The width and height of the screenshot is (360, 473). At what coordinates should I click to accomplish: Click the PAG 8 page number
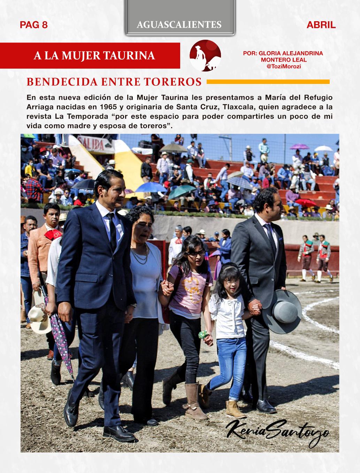(34, 25)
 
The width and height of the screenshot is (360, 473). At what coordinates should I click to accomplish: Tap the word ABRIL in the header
(321, 25)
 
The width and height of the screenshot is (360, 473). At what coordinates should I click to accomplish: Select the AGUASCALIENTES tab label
(179, 24)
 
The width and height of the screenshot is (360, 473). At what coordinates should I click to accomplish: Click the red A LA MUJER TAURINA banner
(94, 55)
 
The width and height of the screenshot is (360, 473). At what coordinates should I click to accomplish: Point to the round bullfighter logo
(205, 55)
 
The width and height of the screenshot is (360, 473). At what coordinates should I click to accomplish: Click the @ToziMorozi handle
(283, 66)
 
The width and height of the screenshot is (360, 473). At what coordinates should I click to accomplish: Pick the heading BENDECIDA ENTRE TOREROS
(114, 82)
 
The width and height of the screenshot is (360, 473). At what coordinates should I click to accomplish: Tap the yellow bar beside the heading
(268, 82)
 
